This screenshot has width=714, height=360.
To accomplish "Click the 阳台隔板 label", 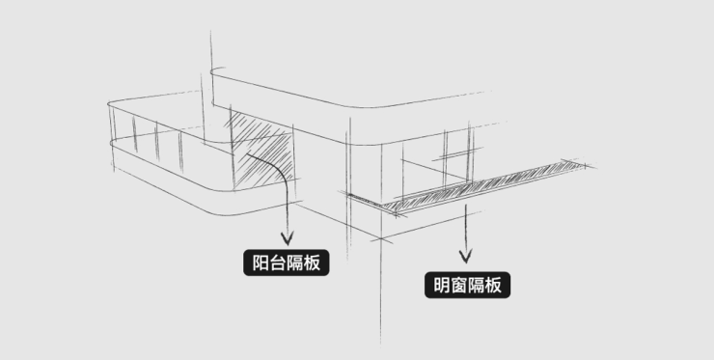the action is click(x=286, y=263).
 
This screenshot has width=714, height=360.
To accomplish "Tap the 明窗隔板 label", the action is click(x=467, y=286).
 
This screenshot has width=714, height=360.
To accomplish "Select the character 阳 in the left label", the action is click(x=261, y=263).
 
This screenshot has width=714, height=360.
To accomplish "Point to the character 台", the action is click(x=277, y=263).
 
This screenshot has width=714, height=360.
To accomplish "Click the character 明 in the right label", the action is click(x=442, y=286).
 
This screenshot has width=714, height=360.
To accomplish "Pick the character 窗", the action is click(x=458, y=286).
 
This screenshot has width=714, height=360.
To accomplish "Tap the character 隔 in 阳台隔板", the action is click(x=294, y=263).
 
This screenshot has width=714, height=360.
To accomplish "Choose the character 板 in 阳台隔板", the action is click(x=312, y=263).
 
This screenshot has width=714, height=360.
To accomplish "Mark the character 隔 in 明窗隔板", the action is click(x=476, y=286).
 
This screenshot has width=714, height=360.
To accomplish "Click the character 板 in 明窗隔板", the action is click(x=493, y=286).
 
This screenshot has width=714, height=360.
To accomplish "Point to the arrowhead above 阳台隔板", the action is click(x=287, y=238).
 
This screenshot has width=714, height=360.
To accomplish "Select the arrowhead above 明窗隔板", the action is click(x=465, y=256).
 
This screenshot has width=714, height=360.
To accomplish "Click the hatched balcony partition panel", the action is click(x=261, y=151).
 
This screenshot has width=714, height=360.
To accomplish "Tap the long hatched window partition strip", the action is click(x=482, y=187).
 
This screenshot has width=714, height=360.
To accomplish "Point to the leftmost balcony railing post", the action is click(x=112, y=137).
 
